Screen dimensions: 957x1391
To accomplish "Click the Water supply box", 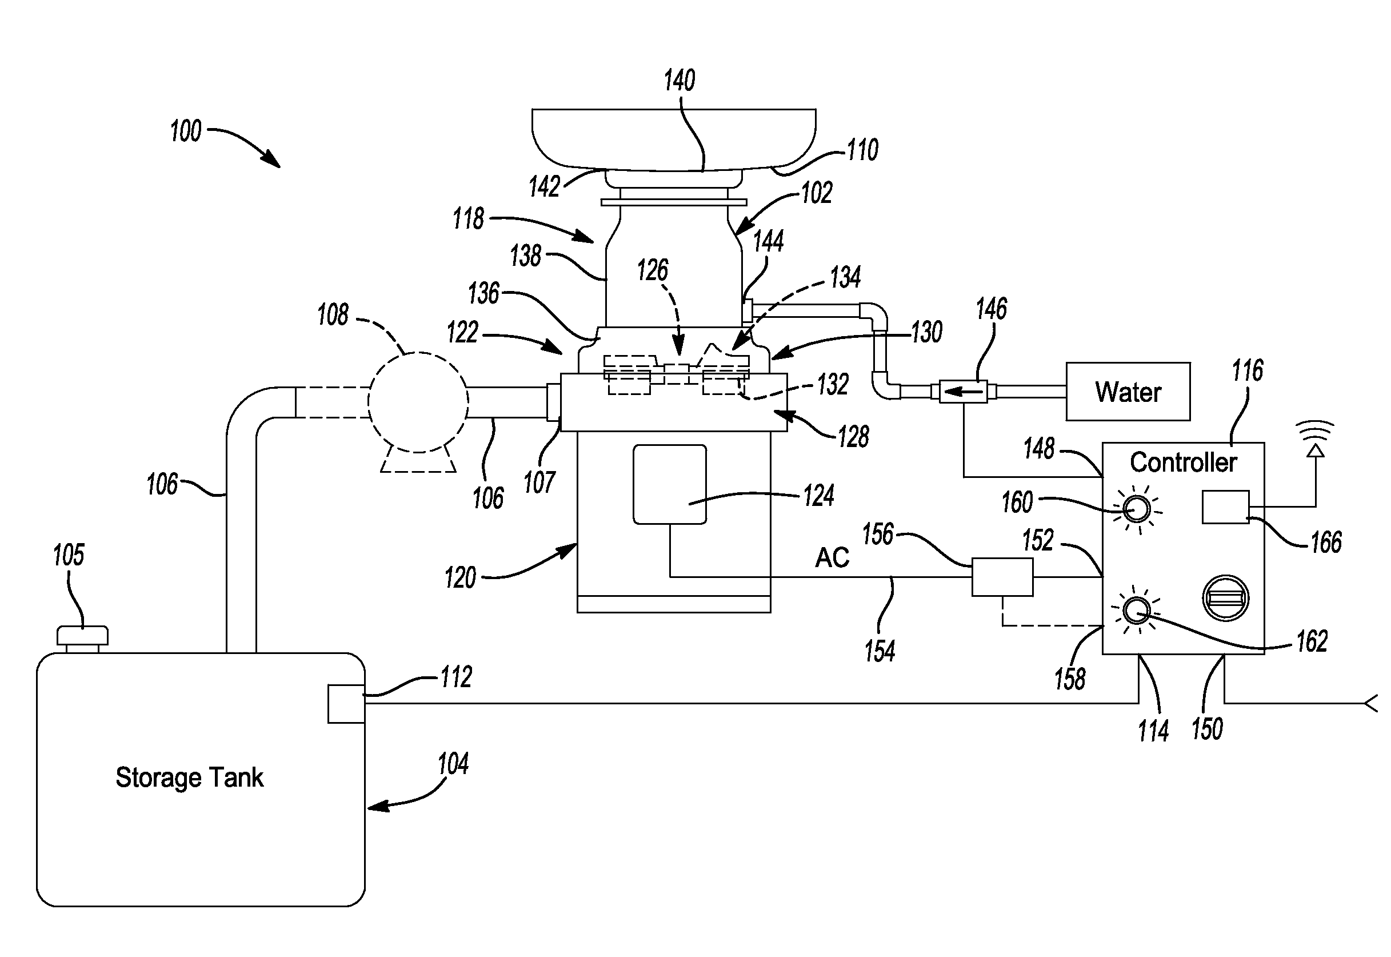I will coord(1128,392).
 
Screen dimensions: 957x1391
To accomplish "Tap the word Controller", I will coord(1183,462).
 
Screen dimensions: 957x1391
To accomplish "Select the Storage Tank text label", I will coord(189,777).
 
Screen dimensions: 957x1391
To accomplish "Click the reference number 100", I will coord(185,131).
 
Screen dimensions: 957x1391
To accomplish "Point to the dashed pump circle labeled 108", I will coord(418,402).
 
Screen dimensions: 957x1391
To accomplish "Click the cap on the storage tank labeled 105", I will coord(83,636).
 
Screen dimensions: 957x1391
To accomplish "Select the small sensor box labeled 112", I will coord(346,703).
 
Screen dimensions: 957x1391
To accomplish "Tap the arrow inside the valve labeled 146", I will coord(962,392).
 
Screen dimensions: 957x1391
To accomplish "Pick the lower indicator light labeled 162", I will coord(1135,612).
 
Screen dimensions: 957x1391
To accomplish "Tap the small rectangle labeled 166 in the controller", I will coord(1226,507).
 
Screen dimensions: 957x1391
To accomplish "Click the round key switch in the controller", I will coord(1226,598).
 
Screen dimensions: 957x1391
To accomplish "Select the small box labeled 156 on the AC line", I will coord(1002,577).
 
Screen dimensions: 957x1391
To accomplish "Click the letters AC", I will coord(832,557).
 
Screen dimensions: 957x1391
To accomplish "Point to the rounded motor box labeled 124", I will coord(669,484).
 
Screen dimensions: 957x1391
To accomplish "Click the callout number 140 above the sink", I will coord(679,81).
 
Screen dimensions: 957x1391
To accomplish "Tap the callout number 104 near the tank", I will coord(453,764).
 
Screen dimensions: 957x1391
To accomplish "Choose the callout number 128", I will coord(853,437).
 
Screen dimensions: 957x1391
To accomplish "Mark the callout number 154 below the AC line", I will coord(879,651).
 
